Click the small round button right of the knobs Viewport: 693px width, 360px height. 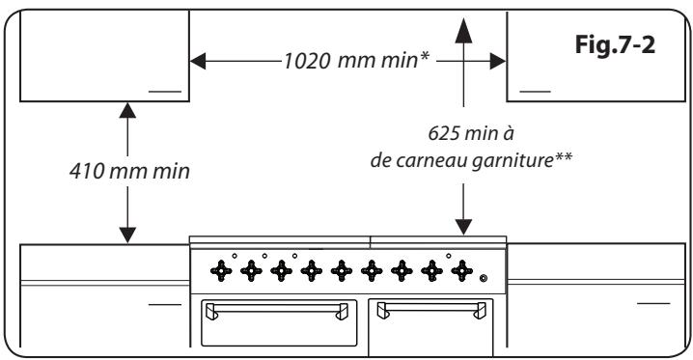pos(484,280)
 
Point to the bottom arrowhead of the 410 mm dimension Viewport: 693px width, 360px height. pos(126,235)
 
